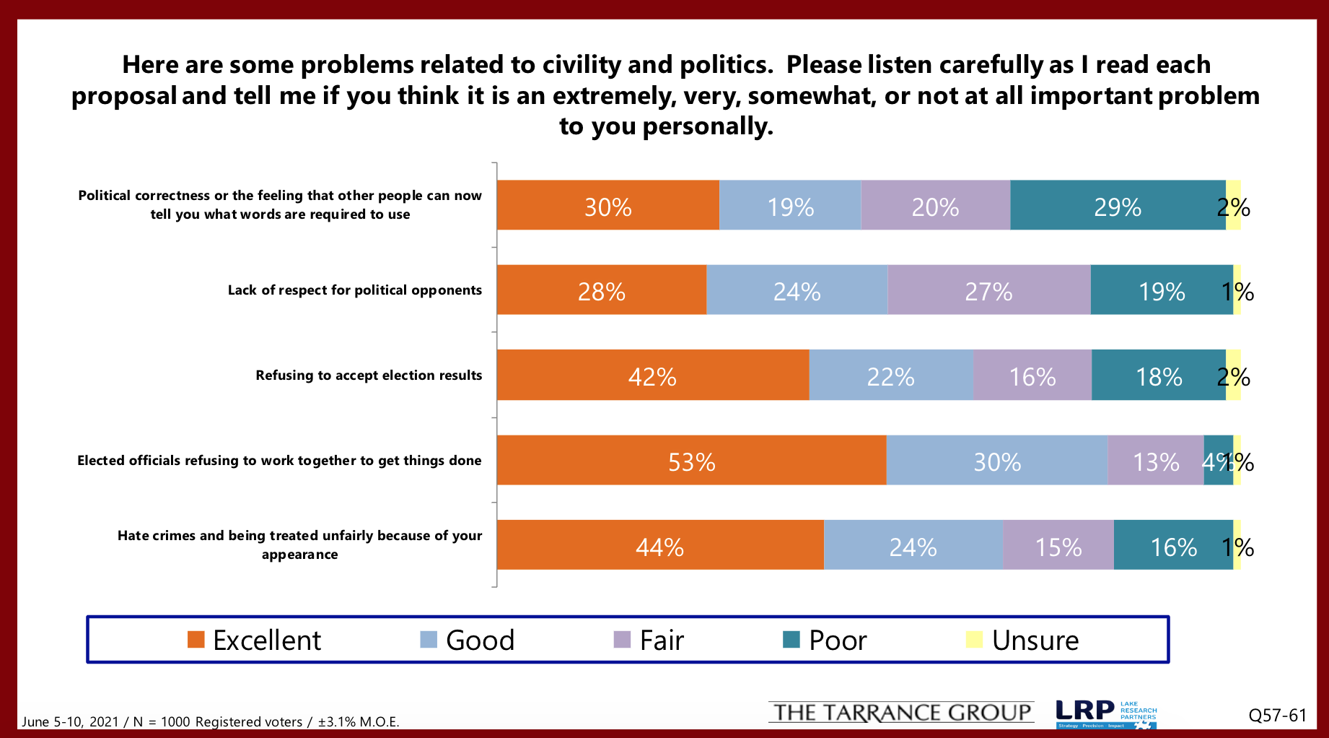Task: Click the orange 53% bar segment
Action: click(x=691, y=461)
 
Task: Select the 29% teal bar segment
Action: click(x=1117, y=206)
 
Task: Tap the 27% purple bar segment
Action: click(x=988, y=290)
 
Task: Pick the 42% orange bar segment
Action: click(x=652, y=375)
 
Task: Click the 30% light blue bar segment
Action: click(x=996, y=461)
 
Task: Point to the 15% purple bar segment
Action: click(x=1058, y=545)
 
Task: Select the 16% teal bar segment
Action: click(x=1173, y=545)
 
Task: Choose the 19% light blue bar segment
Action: click(x=790, y=206)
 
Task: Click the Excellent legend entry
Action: click(x=255, y=641)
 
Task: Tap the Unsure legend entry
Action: click(x=1022, y=641)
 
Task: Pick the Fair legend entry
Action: click(x=649, y=641)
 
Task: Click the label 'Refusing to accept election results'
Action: click(x=369, y=375)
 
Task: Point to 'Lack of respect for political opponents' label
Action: click(x=354, y=290)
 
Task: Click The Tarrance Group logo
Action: click(x=901, y=713)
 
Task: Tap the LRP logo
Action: click(x=1105, y=713)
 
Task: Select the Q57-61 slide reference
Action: click(x=1278, y=716)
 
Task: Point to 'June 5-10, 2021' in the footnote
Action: click(x=70, y=721)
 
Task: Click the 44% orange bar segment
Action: click(x=659, y=545)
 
